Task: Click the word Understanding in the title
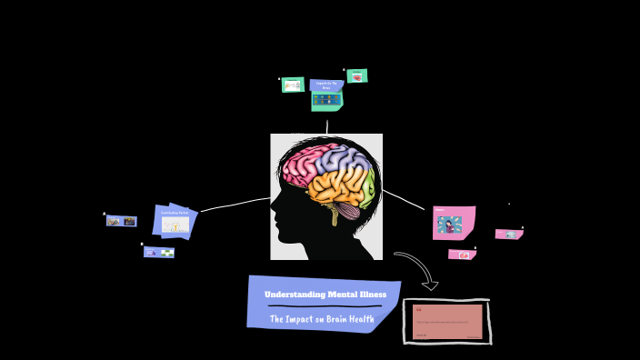coord(291,295)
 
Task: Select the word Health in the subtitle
coord(364,319)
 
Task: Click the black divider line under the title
coord(324,307)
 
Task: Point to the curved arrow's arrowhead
coord(430,285)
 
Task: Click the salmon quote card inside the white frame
coord(447,322)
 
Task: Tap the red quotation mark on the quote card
coord(419,310)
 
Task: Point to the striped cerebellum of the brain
coord(351,210)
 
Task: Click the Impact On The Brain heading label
coord(326,85)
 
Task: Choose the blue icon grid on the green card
coord(326,100)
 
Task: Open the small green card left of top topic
coord(293,85)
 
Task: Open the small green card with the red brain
coord(357,76)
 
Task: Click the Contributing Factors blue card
coord(175,221)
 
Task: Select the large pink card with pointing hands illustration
coord(453,223)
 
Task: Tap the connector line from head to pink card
coord(404,200)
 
